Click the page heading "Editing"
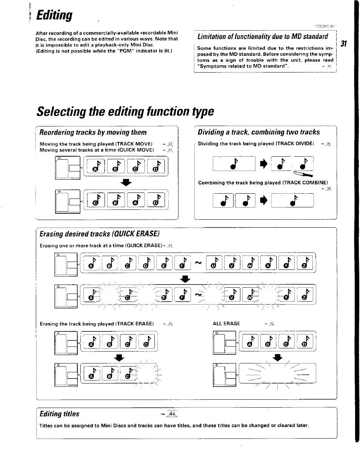54,16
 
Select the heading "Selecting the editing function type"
125,112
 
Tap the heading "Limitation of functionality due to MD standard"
263,36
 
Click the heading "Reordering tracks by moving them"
93,132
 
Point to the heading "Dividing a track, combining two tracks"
258,132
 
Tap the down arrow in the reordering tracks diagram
126,183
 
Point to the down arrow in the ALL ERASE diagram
277,357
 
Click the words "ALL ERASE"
226,323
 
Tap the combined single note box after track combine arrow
292,201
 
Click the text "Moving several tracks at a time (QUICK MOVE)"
97,150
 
